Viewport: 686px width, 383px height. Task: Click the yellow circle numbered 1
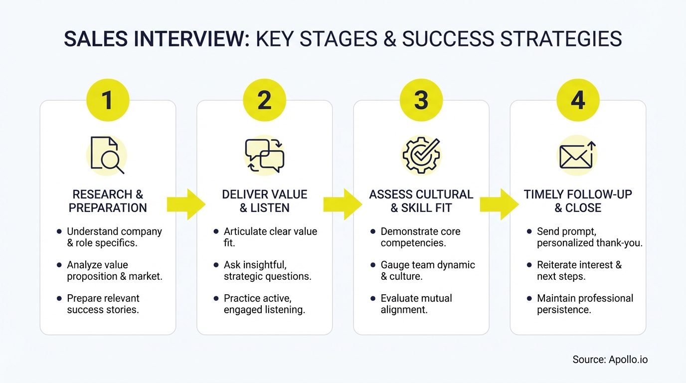(x=108, y=100)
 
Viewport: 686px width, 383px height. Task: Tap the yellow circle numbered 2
(x=264, y=100)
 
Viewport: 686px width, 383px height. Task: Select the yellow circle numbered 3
(x=421, y=100)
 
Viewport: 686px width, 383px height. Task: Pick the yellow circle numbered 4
(x=578, y=100)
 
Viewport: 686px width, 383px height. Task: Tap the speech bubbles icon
(x=264, y=155)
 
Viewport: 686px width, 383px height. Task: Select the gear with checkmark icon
(x=421, y=155)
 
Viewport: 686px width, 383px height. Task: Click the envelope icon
(x=577, y=155)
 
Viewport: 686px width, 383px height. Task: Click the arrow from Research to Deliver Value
(x=185, y=204)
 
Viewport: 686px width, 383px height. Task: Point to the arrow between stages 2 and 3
(x=343, y=204)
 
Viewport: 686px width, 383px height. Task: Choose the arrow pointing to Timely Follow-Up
(x=499, y=204)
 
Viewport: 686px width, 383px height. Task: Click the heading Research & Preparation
(x=108, y=201)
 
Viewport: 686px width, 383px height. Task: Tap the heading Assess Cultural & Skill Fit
(x=421, y=201)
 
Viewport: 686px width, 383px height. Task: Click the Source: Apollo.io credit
(x=610, y=359)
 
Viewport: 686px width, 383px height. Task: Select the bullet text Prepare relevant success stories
(x=103, y=304)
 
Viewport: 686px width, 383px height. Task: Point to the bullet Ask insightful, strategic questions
(x=267, y=270)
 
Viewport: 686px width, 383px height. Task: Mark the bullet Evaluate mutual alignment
(x=416, y=304)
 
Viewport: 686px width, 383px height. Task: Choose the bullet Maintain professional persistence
(x=585, y=304)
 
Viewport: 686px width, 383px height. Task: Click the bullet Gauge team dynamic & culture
(x=427, y=270)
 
